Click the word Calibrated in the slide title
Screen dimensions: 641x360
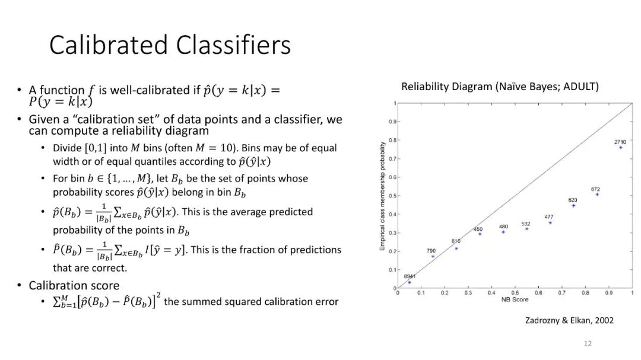tap(109, 44)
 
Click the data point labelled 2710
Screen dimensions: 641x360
tap(621, 148)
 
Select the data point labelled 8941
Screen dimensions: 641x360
tap(410, 282)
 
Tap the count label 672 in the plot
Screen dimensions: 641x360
tap(596, 189)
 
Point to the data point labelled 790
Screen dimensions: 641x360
tap(433, 257)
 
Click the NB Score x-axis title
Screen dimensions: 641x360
tap(515, 300)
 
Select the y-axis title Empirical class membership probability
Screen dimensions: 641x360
tap(382, 196)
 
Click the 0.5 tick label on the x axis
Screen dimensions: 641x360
tap(515, 293)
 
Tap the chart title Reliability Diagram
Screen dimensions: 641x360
tap(447, 87)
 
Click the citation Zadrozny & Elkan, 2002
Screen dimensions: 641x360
tap(569, 320)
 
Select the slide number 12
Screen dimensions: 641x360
tap(588, 343)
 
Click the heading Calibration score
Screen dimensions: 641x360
tap(74, 286)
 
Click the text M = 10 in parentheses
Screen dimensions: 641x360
tap(215, 148)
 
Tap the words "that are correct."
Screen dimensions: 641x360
tap(90, 268)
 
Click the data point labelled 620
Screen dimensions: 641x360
tap(573, 206)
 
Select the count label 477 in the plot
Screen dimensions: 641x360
tap(549, 217)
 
